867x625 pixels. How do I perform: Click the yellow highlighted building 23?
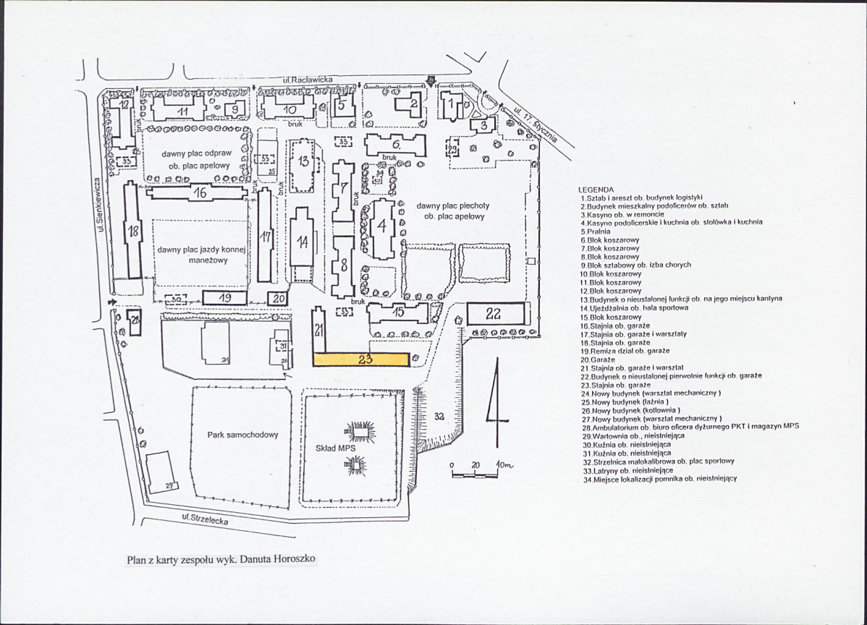pyautogui.click(x=361, y=359)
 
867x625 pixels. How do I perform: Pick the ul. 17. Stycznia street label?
pyautogui.click(x=535, y=122)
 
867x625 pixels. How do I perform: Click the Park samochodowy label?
pyautogui.click(x=242, y=435)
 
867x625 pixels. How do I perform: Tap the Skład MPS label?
pyautogui.click(x=334, y=448)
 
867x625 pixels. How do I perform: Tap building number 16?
pyautogui.click(x=200, y=192)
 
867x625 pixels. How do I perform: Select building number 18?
pyautogui.click(x=132, y=231)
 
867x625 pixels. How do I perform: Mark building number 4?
pyautogui.click(x=381, y=224)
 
